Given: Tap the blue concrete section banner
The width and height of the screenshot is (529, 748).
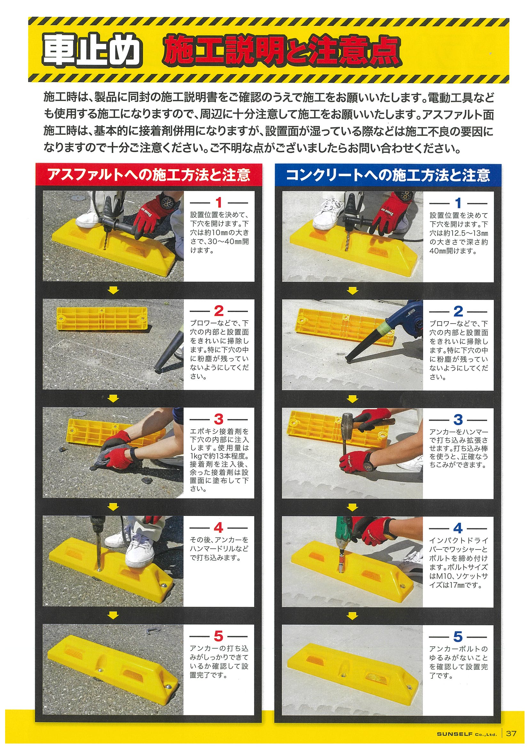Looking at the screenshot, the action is pyautogui.click(x=388, y=175).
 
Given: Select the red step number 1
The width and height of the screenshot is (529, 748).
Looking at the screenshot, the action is pyautogui.click(x=219, y=203).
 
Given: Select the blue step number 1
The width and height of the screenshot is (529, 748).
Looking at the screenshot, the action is pyautogui.click(x=458, y=203).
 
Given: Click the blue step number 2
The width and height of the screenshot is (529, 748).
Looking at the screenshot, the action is pyautogui.click(x=458, y=311).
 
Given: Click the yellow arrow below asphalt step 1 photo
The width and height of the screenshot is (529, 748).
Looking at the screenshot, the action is pyautogui.click(x=113, y=290).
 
